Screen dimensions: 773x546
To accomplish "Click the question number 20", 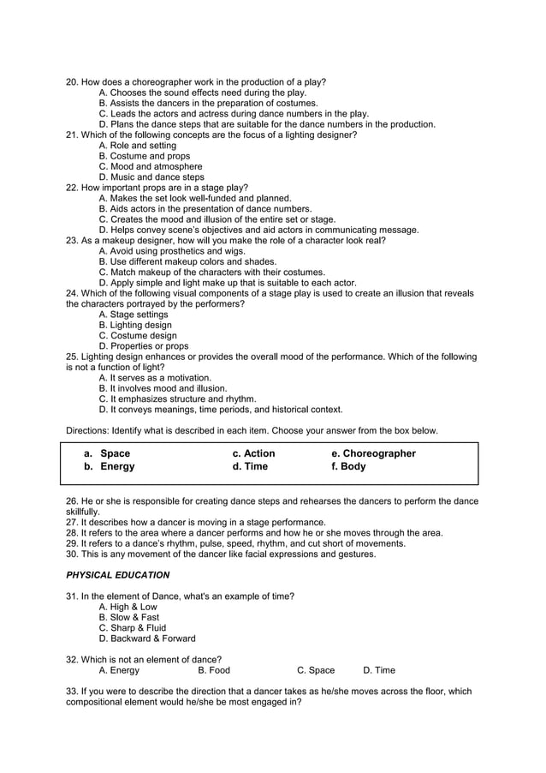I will pos(72,82).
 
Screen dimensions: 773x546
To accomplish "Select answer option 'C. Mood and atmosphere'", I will pos(151,167).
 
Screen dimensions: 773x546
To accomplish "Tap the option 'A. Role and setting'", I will pos(137,146).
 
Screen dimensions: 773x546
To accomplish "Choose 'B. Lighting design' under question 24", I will pos(135,326).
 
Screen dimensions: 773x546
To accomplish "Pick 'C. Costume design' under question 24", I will pos(138,336).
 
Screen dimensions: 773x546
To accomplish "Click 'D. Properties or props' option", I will pos(144,346).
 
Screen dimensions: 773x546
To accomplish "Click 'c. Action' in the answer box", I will pos(254,453).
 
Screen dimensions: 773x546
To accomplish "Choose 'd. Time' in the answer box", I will pos(250,467).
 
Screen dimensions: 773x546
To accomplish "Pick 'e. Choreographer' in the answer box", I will pos(373,453).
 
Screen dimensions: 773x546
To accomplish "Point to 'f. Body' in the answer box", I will pos(348,467).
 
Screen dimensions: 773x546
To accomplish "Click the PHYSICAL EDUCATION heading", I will pos(117,575).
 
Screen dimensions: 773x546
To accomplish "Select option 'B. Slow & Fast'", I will pos(129,617).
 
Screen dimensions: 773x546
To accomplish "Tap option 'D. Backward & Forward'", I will pos(147,638).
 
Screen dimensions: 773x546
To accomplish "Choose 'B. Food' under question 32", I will pos(214,670).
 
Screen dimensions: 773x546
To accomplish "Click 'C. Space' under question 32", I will pos(316,670).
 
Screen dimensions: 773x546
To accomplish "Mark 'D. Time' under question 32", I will pos(379,670).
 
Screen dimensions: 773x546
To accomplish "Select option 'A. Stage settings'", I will pos(134,315).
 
